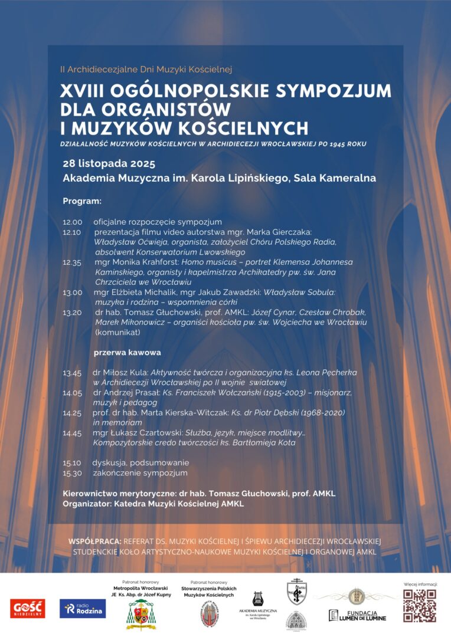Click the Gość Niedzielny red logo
click(27, 609)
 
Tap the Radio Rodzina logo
click(83, 609)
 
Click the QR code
click(419, 605)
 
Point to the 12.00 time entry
click(72, 222)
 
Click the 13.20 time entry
click(72, 313)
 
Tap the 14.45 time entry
click(72, 433)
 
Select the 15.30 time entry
click(72, 472)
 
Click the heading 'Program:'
click(82, 201)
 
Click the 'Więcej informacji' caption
click(419, 584)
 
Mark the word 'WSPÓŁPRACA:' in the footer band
click(95, 541)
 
